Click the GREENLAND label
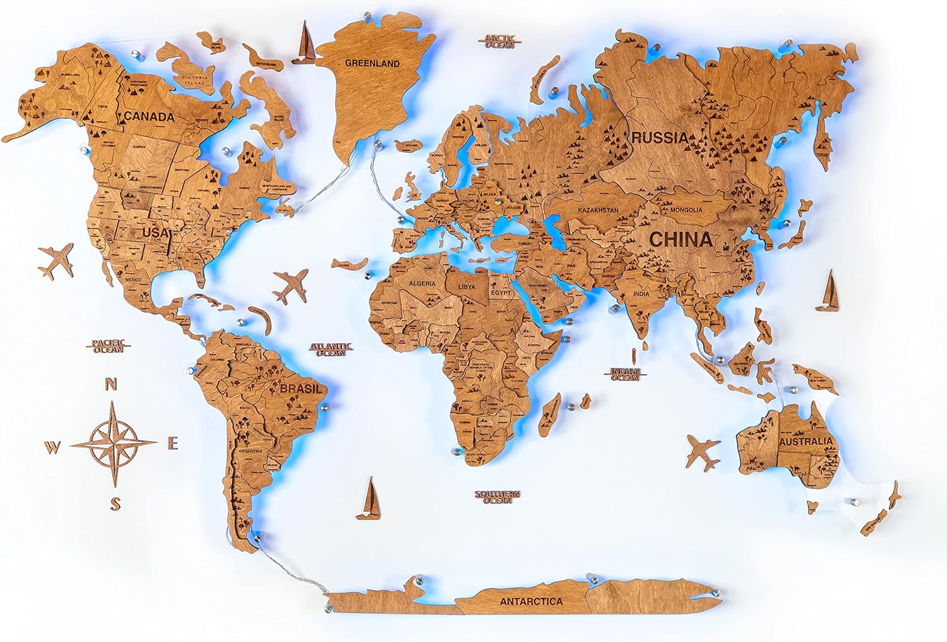(372, 63)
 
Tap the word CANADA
(149, 117)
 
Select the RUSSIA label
(660, 137)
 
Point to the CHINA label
(681, 239)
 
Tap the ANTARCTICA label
(531, 602)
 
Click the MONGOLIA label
(686, 210)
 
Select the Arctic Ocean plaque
(500, 42)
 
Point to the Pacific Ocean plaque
(109, 346)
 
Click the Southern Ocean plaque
(497, 497)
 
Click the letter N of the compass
(111, 384)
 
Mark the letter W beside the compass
(52, 448)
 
